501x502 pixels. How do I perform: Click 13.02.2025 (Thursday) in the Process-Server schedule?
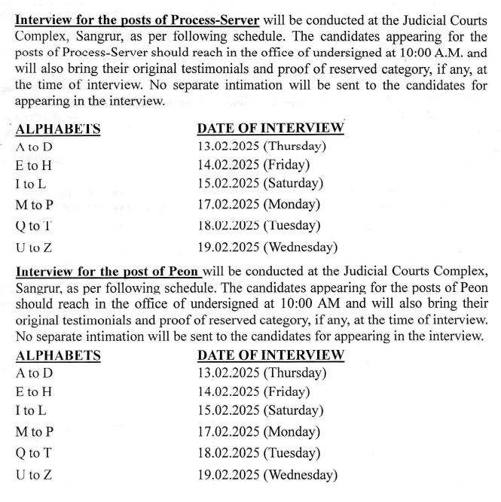tap(261, 146)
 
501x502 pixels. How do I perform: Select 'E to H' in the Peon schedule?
tap(34, 391)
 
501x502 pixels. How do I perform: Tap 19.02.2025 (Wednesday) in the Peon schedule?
tap(267, 474)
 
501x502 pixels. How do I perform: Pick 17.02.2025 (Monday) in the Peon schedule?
tap(258, 432)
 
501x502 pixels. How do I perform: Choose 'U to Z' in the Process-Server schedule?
tap(34, 246)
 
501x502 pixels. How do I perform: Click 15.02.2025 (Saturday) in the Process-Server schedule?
tap(260, 183)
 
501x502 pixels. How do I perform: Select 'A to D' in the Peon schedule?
tap(35, 372)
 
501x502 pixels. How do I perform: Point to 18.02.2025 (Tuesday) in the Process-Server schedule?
tap(259, 225)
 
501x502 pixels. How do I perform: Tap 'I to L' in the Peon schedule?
tap(31, 411)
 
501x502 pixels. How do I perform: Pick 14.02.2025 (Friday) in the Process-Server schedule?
tap(253, 164)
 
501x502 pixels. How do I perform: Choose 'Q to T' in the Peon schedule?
tap(35, 453)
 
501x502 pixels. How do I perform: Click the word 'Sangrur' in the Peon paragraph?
tap(41, 288)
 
